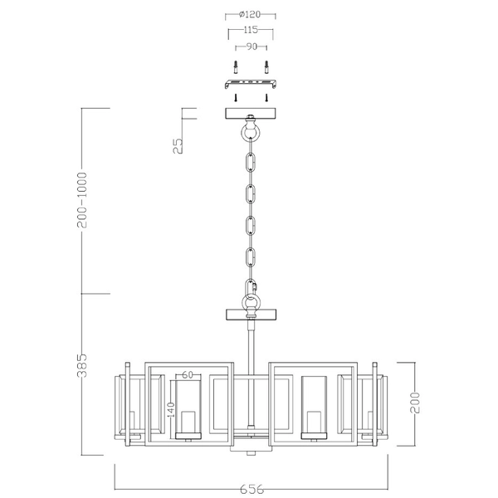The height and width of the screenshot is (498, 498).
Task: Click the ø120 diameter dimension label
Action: [251, 15]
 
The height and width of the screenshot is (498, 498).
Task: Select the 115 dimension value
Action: [251, 30]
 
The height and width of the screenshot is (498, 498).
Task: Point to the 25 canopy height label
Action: [177, 146]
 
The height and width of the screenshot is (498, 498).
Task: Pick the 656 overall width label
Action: [251, 490]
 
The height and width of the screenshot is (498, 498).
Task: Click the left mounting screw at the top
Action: [236, 66]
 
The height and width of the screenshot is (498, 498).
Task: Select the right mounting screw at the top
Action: [266, 66]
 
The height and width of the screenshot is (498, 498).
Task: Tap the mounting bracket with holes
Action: [251, 84]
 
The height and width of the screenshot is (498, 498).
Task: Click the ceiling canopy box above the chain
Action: [251, 115]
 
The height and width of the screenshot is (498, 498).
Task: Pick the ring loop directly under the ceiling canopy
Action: [251, 133]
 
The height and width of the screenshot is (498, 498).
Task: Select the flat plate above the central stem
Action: [251, 315]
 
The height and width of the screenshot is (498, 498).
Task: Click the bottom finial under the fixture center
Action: [251, 451]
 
